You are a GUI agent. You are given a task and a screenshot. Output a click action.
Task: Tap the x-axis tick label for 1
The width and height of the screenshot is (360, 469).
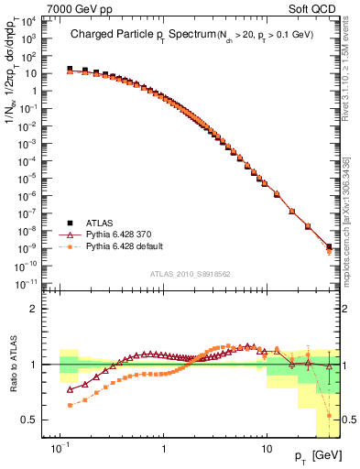point(163,450)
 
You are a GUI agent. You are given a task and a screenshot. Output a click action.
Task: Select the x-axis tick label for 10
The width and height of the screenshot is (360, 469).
point(266,450)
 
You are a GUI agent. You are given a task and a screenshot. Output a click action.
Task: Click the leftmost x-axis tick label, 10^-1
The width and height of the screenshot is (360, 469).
point(60,450)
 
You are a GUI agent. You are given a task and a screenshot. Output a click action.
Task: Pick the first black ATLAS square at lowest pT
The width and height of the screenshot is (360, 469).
point(70,69)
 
